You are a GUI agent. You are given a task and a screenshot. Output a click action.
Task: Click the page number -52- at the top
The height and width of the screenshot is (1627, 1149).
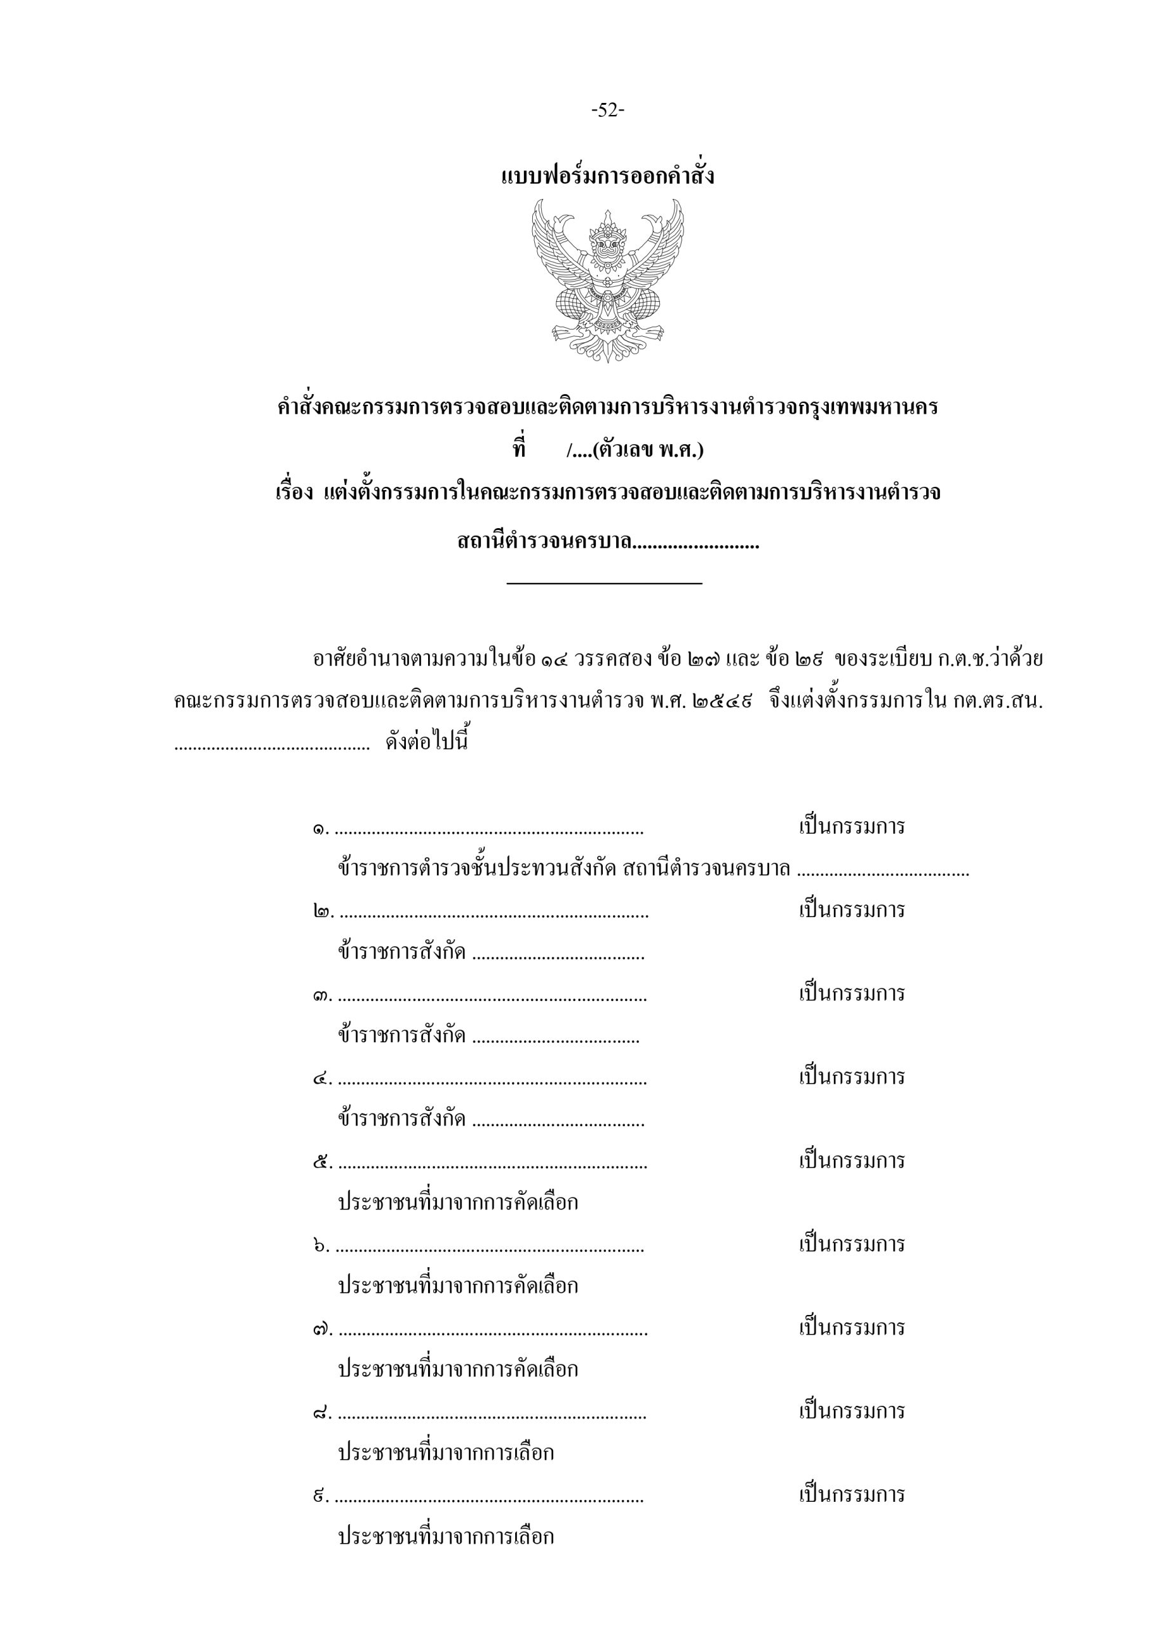tap(608, 111)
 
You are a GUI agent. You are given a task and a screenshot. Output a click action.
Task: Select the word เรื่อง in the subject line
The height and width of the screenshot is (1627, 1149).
tap(294, 493)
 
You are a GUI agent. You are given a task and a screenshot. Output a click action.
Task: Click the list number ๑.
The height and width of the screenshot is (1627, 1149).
tap(321, 828)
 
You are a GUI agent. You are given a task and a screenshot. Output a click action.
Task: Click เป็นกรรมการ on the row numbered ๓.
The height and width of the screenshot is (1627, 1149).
tap(852, 993)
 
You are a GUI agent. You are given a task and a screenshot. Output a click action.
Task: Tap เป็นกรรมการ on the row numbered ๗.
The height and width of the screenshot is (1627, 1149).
tap(852, 1327)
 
